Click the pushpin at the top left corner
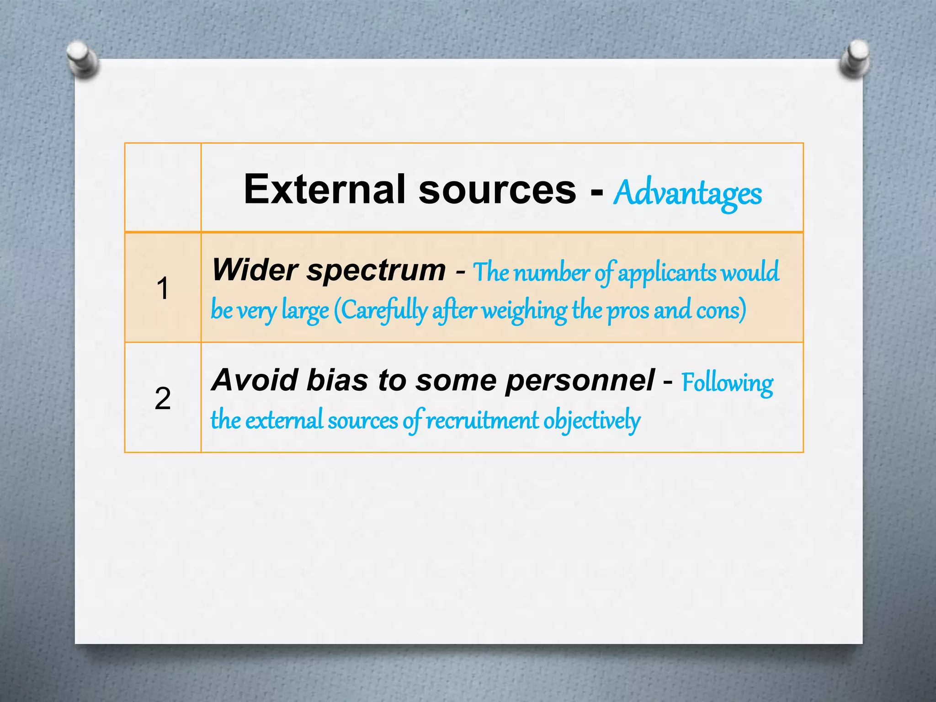tap(83, 58)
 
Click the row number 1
tap(163, 288)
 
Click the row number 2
tap(163, 398)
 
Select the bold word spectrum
tap(376, 271)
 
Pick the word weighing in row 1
tap(525, 311)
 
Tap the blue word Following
tap(727, 383)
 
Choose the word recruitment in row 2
tap(482, 420)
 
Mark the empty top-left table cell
tap(163, 187)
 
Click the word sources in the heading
tap(497, 190)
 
